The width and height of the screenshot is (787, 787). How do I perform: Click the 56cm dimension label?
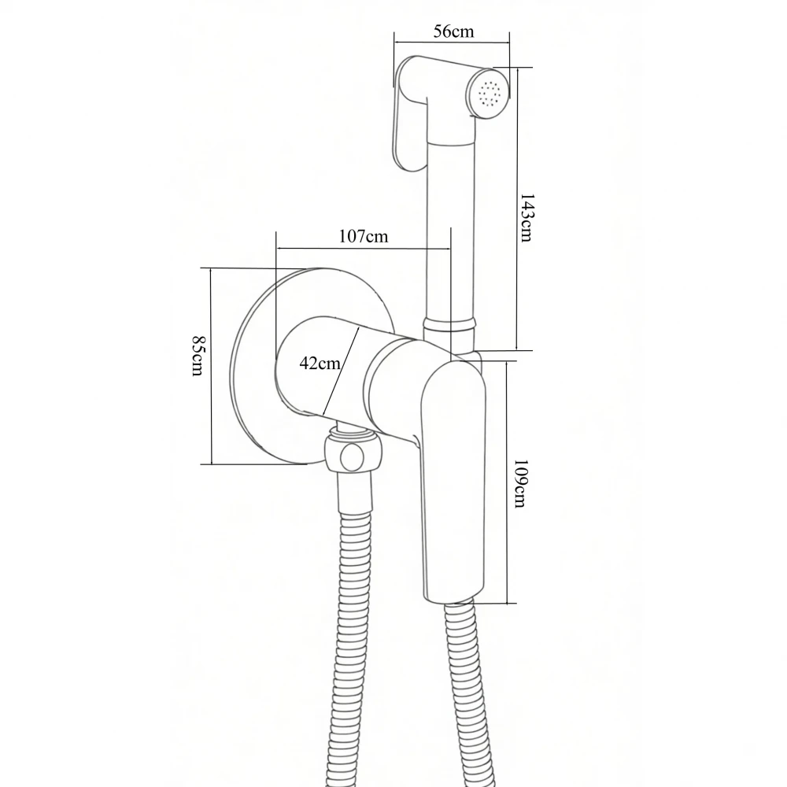pyautogui.click(x=453, y=31)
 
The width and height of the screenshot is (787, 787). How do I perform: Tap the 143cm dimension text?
pyautogui.click(x=526, y=218)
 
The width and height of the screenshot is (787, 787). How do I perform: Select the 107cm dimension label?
pyautogui.click(x=364, y=236)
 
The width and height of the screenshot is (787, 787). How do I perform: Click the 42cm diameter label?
pyautogui.click(x=320, y=362)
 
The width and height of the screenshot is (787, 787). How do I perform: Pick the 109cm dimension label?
pyautogui.click(x=520, y=483)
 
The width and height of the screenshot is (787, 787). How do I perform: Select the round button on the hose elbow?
pyautogui.click(x=352, y=456)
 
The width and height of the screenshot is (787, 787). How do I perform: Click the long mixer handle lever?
pyautogui.click(x=453, y=477)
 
